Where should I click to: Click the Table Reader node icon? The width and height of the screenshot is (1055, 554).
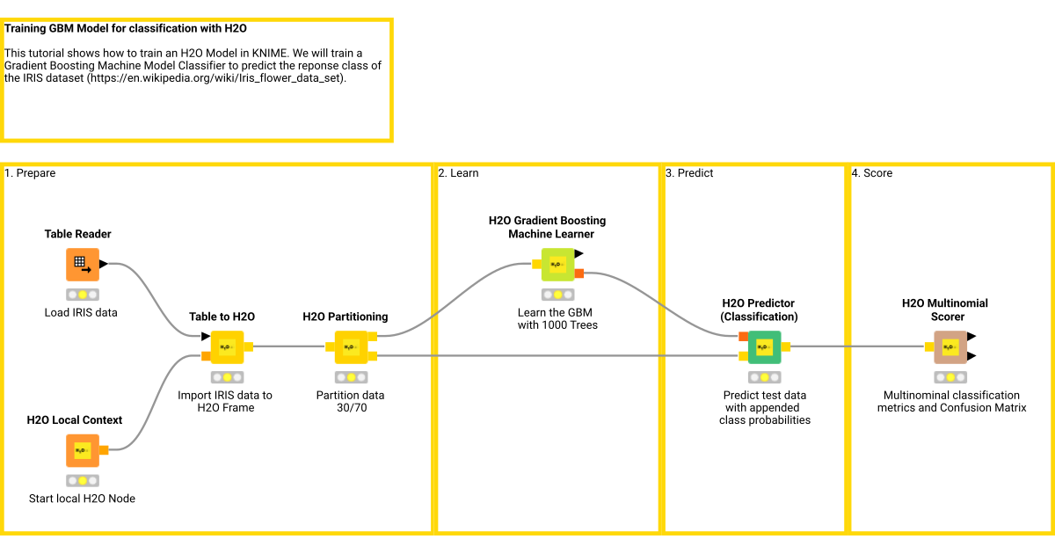[82, 264]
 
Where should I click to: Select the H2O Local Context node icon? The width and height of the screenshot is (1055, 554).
[82, 450]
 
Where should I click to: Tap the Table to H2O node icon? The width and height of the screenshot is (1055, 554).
[227, 346]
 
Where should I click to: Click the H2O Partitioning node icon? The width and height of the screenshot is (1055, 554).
[350, 346]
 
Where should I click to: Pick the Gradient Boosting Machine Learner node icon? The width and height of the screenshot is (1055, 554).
[557, 264]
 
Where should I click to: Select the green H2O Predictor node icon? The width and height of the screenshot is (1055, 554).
[764, 346]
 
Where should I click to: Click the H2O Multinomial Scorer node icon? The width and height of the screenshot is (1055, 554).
[949, 346]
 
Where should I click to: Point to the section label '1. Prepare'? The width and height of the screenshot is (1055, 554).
[30, 173]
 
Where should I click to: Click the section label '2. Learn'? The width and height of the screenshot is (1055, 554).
[459, 173]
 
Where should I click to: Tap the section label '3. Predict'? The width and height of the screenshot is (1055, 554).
[689, 173]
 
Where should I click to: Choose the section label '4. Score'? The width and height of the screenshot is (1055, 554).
[872, 173]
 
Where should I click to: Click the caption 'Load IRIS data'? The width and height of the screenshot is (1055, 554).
[81, 312]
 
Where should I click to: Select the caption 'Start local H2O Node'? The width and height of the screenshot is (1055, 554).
[82, 499]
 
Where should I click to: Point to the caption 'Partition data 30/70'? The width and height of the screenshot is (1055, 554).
[350, 401]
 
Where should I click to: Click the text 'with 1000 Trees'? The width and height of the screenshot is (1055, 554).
[557, 324]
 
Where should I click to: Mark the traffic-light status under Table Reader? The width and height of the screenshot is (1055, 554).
[82, 295]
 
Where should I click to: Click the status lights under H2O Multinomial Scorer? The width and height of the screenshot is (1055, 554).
[949, 377]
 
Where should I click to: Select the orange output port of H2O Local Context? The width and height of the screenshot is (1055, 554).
[104, 450]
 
